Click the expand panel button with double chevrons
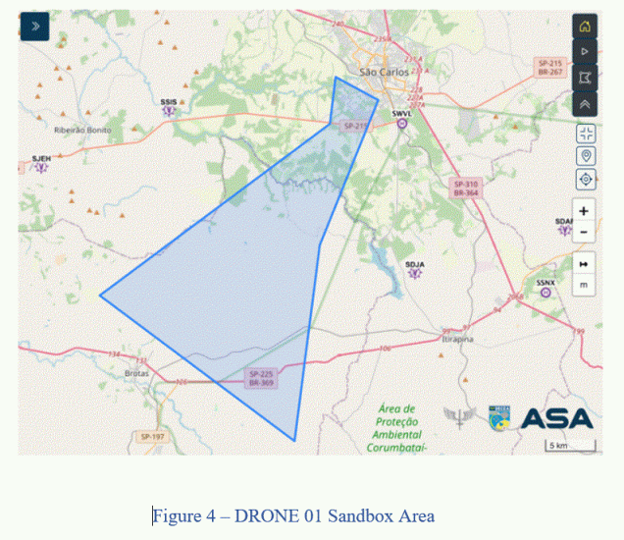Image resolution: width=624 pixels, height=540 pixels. tap(34, 26)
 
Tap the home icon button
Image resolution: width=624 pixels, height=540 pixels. tap(585, 27)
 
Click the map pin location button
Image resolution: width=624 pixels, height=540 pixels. tap(586, 156)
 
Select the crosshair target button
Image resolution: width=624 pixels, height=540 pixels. tap(586, 179)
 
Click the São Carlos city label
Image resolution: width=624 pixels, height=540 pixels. tap(382, 72)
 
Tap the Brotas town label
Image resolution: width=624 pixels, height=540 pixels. tap(136, 374)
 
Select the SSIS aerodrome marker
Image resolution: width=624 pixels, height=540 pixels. tap(169, 109)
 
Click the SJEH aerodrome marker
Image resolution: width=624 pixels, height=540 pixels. tap(41, 166)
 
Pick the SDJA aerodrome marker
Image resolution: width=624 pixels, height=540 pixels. tap(414, 273)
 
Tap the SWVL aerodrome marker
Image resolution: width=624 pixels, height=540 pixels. tap(401, 124)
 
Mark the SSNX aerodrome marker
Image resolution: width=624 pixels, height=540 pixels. tap(546, 291)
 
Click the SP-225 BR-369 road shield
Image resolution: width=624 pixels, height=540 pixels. tap(261, 378)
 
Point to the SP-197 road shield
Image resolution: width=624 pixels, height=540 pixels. tap(151, 436)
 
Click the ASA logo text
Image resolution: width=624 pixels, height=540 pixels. tap(556, 418)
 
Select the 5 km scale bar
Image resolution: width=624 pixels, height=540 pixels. tap(570, 447)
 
